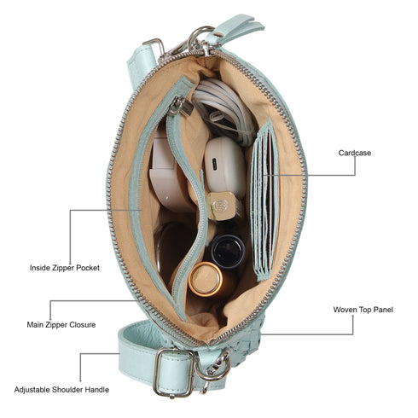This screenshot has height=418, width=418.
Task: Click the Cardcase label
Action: click(355, 153)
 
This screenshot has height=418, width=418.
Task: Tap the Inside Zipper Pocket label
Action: click(65, 268)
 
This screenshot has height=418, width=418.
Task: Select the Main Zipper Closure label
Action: click(61, 325)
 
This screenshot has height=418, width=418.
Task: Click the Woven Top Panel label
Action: click(363, 310)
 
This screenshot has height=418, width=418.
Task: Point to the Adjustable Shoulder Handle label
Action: click(61, 390)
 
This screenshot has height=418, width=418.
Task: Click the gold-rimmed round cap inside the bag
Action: click(206, 279)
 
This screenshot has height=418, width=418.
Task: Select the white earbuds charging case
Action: click(225, 167)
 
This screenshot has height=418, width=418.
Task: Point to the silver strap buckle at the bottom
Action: click(174, 372)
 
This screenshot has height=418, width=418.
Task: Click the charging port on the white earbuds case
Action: click(215, 164)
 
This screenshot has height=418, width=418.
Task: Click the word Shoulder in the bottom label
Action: click(69, 390)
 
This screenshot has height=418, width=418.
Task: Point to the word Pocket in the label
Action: click(88, 268)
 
